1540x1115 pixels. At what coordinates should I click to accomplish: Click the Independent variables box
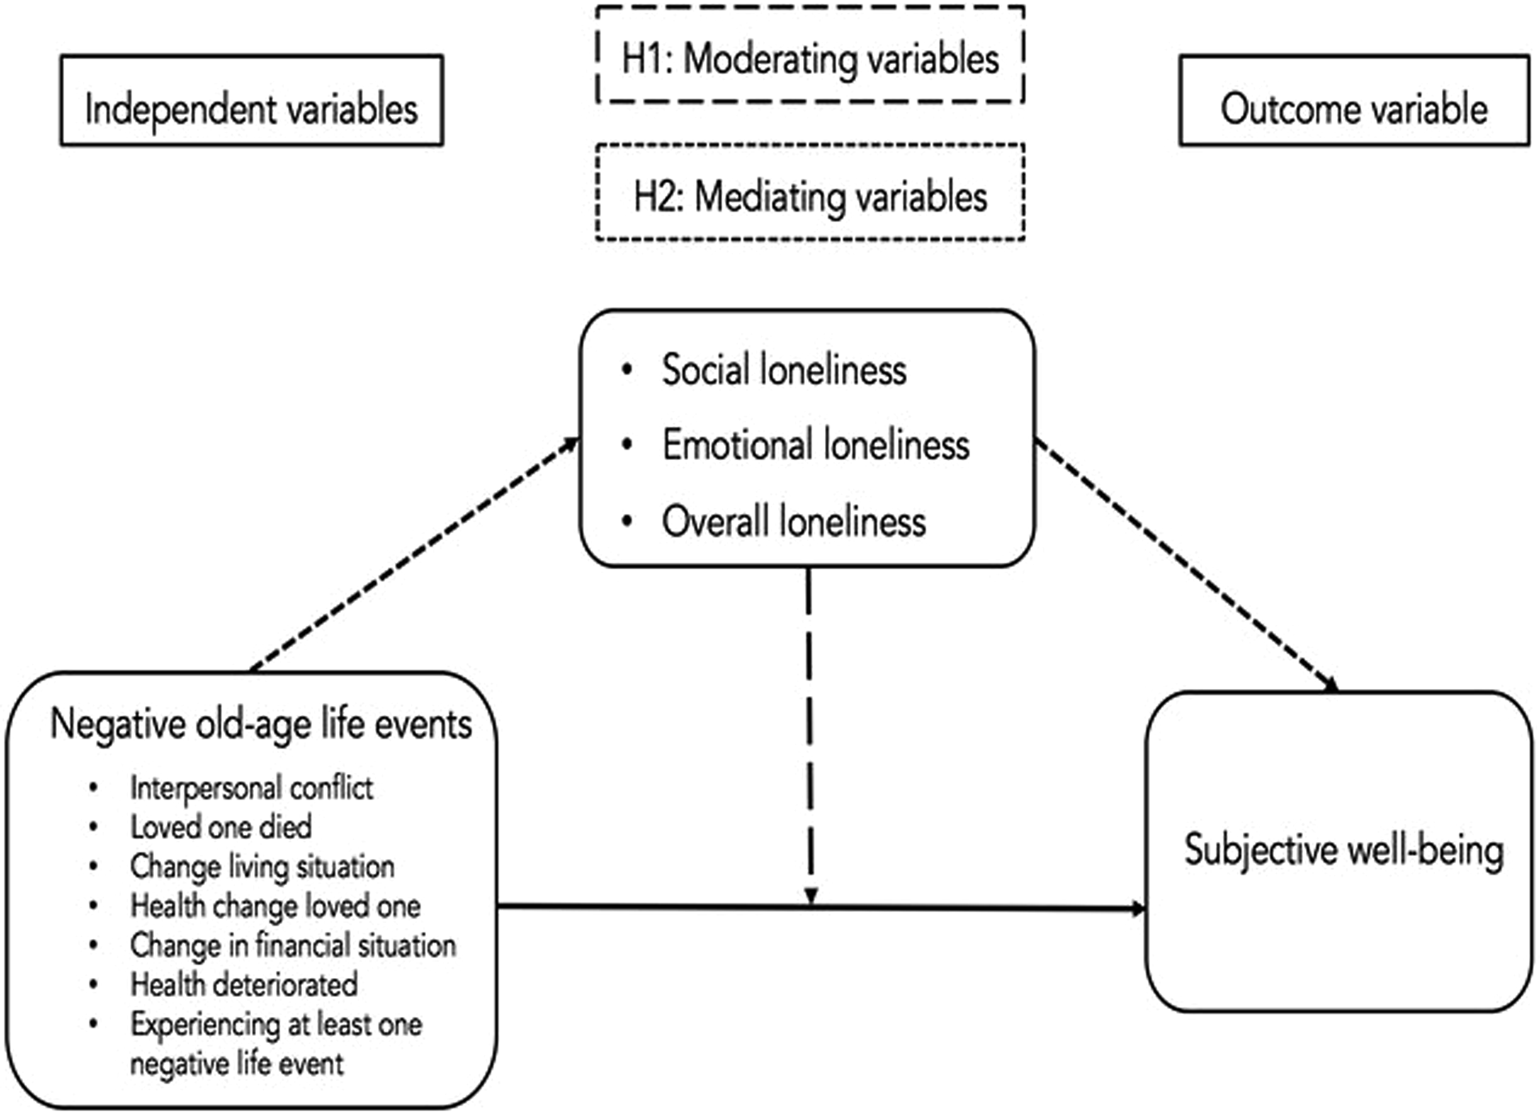click(251, 101)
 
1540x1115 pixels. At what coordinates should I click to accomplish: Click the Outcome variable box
click(1354, 101)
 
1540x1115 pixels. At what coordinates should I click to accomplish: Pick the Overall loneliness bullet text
click(793, 522)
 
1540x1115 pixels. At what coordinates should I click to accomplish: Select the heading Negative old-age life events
click(261, 724)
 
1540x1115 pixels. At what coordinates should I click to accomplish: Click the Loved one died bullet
click(221, 827)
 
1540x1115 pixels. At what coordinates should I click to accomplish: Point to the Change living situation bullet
click(262, 867)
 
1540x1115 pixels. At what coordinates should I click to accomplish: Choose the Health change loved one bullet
click(275, 906)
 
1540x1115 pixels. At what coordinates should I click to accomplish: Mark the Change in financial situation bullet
click(293, 945)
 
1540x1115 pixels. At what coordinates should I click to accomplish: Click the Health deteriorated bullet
click(244, 985)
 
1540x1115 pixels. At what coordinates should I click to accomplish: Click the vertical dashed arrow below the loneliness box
click(810, 734)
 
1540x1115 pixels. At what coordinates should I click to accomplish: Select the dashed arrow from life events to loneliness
click(414, 554)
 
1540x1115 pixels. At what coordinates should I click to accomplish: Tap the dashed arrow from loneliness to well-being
click(1185, 564)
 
